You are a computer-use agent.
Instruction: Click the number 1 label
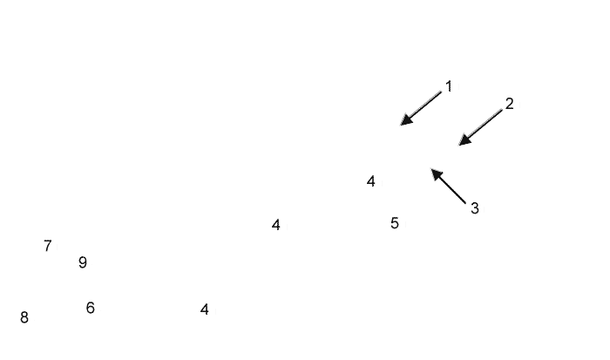449,86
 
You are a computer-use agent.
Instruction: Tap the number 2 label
510,104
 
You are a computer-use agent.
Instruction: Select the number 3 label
475,208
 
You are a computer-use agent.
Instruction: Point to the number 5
395,223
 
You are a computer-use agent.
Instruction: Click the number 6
91,308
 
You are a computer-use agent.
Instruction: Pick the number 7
48,246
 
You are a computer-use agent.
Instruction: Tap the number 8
24,317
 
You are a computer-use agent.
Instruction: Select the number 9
83,262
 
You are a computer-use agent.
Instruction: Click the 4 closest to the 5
371,181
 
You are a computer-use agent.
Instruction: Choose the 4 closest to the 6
205,309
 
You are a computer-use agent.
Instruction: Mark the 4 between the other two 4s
276,225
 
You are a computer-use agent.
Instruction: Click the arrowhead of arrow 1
403,123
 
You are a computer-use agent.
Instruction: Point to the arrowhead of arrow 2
462,143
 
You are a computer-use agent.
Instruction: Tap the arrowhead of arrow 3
434,172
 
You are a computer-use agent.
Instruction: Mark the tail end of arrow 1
442,92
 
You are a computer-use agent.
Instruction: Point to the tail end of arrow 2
503,110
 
